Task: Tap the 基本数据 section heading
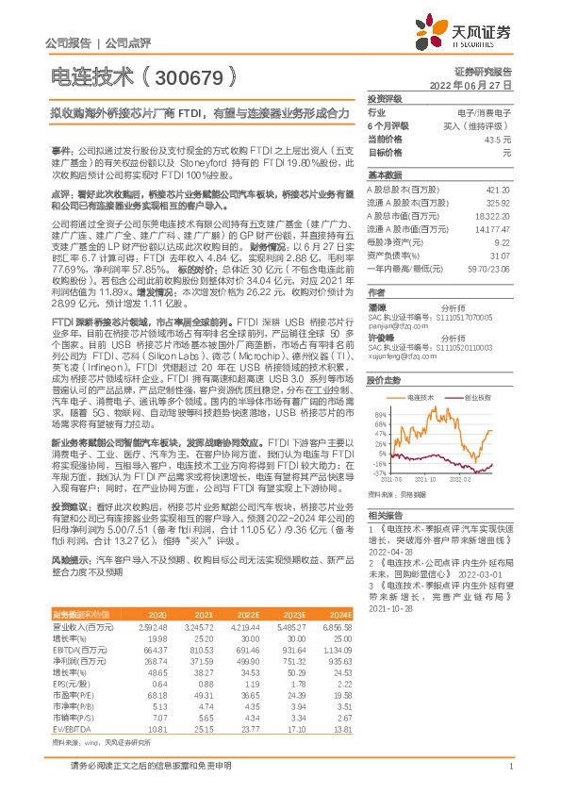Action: click(383, 174)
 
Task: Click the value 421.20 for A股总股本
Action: click(500, 189)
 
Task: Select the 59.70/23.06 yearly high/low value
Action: click(490, 269)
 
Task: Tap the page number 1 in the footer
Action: click(509, 778)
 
